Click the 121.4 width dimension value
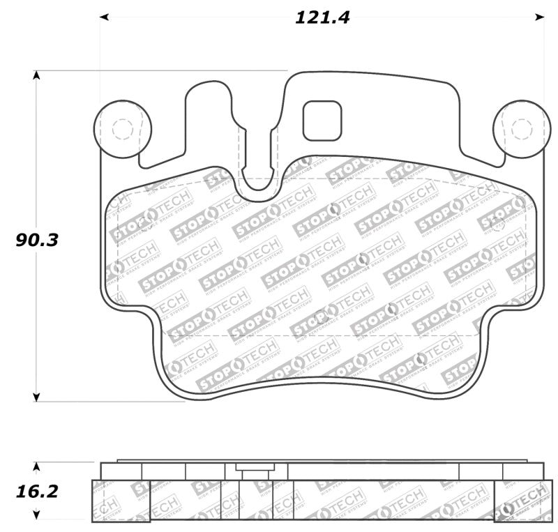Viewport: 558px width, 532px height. pyautogui.click(x=322, y=17)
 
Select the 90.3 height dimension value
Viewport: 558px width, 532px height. pyautogui.click(x=38, y=240)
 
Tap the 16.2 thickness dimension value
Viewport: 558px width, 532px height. pyautogui.click(x=38, y=492)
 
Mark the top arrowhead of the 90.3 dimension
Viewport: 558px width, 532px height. pyautogui.click(x=36, y=75)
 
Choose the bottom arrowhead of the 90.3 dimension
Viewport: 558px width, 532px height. pyautogui.click(x=36, y=397)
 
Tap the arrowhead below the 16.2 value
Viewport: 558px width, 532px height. pyautogui.click(x=36, y=516)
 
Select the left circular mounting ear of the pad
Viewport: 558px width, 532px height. pyautogui.click(x=123, y=129)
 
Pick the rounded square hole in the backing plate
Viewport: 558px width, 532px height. pyautogui.click(x=322, y=120)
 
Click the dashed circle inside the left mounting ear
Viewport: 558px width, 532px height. pyautogui.click(x=123, y=129)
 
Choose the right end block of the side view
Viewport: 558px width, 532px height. pyautogui.click(x=519, y=501)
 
